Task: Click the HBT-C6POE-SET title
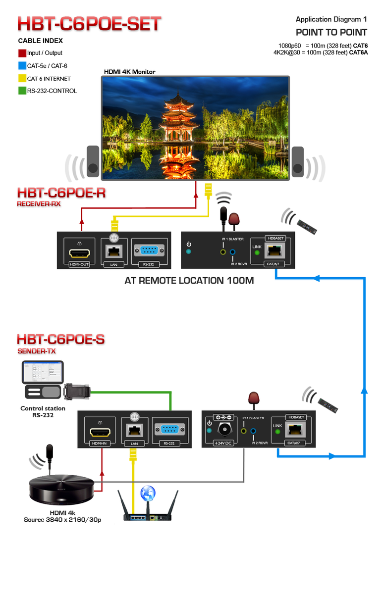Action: click(90, 24)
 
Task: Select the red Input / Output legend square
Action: click(22, 53)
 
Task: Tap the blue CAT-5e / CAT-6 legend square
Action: click(22, 66)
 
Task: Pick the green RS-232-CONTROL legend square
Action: click(22, 91)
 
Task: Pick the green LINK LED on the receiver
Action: click(257, 253)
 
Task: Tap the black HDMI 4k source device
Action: click(62, 490)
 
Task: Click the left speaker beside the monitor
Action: click(93, 161)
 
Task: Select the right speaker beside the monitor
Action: click(297, 161)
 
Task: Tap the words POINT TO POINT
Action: click(331, 33)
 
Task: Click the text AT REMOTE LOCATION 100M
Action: click(189, 281)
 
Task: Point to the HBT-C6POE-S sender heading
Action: click(61, 340)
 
